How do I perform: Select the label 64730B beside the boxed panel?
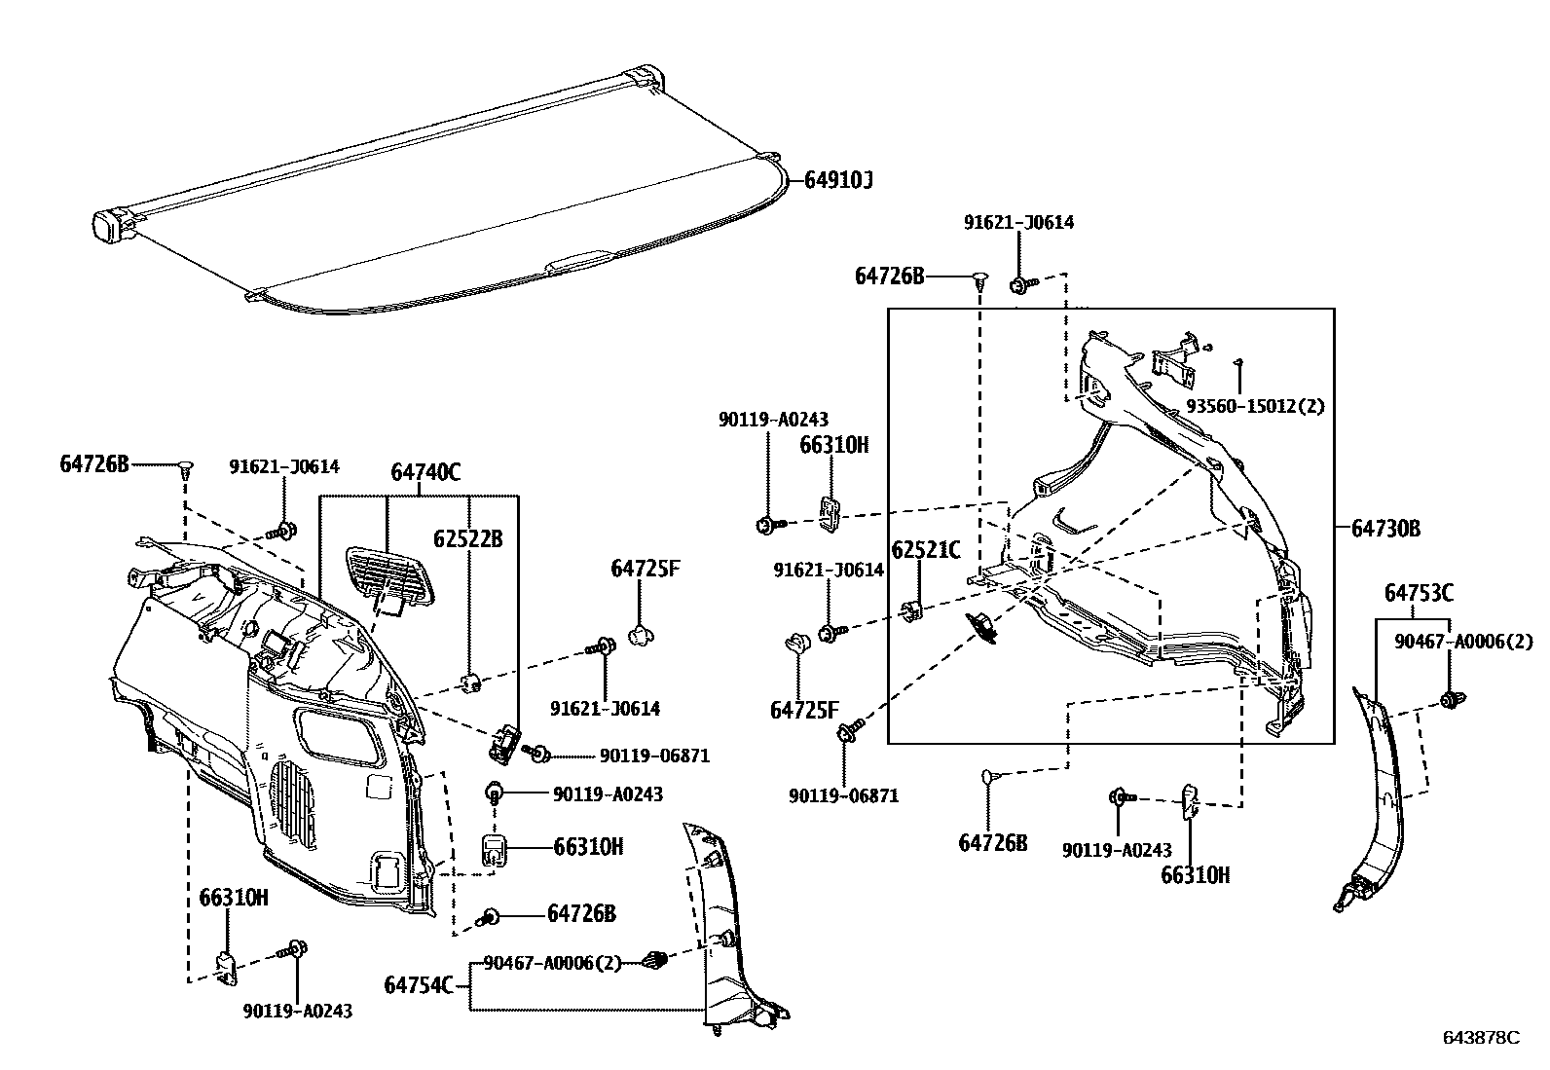1385,529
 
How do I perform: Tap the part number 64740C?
425,473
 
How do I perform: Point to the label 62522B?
468,538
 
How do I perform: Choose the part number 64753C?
1419,592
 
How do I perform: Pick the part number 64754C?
419,985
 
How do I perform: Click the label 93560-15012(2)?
1255,406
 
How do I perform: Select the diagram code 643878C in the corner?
1481,1038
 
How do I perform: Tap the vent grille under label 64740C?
389,577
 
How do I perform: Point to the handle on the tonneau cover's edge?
580,260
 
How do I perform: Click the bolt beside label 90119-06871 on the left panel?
537,754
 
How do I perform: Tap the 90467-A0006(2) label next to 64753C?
1462,642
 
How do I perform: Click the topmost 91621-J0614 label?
1018,222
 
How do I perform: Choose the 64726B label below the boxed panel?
992,843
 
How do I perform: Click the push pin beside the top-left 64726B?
186,471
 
